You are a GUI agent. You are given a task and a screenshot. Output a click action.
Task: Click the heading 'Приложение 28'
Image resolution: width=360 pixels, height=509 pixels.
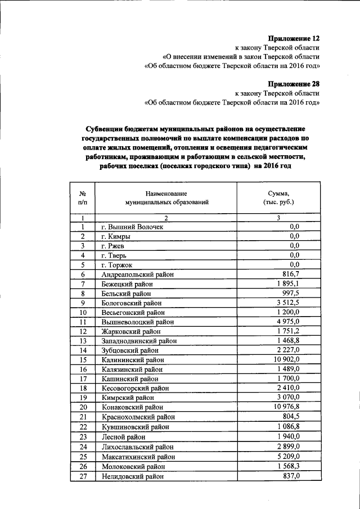tap(294, 84)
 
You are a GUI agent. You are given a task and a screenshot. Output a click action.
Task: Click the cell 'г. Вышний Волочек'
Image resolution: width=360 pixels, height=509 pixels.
tap(132, 227)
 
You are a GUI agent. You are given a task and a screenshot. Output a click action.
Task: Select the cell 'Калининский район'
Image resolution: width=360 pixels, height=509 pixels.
tap(133, 359)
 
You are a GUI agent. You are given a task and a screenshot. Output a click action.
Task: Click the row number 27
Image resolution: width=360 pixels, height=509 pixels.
tap(82, 476)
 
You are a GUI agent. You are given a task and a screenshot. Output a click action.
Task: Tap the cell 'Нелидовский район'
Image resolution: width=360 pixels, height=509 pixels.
tap(133, 476)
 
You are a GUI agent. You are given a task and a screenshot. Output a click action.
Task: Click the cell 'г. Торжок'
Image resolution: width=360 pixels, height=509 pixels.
tap(117, 265)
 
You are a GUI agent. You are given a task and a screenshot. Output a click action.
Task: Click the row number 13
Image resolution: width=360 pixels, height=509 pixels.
tap(82, 341)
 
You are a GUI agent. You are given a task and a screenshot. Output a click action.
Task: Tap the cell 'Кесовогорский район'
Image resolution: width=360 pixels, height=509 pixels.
tap(136, 388)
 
